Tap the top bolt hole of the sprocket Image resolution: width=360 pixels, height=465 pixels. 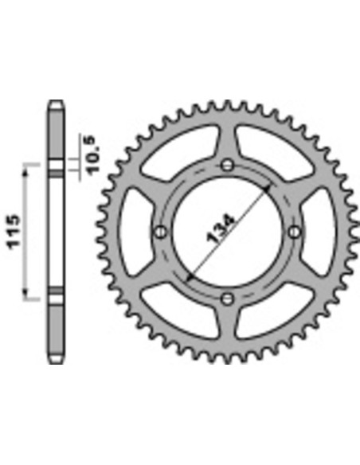click(228, 165)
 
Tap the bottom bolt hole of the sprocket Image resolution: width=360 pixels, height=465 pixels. click(228, 299)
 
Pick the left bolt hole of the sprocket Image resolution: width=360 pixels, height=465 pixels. click(161, 232)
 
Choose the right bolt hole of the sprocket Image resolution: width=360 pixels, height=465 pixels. click(294, 232)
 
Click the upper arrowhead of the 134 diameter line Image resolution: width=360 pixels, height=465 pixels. click(267, 189)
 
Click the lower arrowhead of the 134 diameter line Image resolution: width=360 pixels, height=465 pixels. click(189, 278)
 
